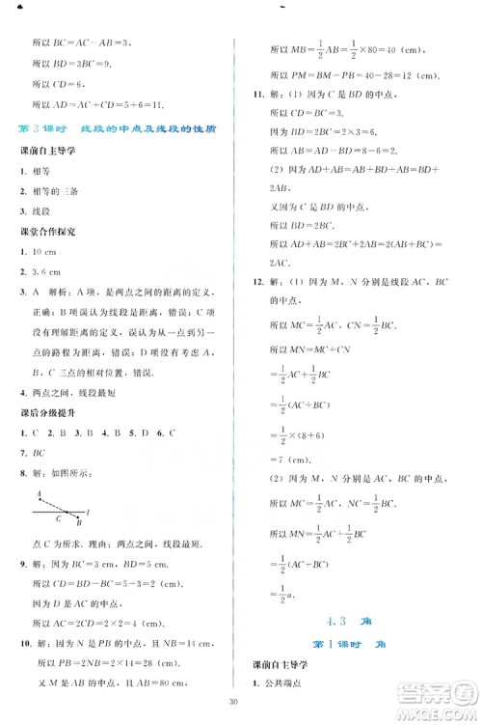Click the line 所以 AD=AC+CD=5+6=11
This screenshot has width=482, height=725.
point(94,104)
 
